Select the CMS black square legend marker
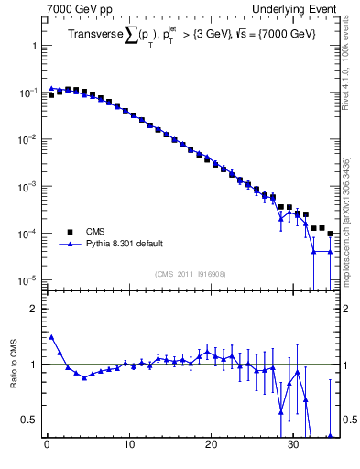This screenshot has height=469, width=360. pos(69,232)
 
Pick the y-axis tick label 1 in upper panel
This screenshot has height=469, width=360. pos(34,46)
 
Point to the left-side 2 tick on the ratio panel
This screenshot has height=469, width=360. pos(34,309)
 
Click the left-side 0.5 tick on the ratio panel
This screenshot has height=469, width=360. pos(30,420)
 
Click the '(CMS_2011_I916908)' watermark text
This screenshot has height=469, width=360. pos(191,273)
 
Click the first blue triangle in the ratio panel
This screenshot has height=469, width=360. pos(51,336)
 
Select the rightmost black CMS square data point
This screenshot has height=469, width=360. pos(330,234)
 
